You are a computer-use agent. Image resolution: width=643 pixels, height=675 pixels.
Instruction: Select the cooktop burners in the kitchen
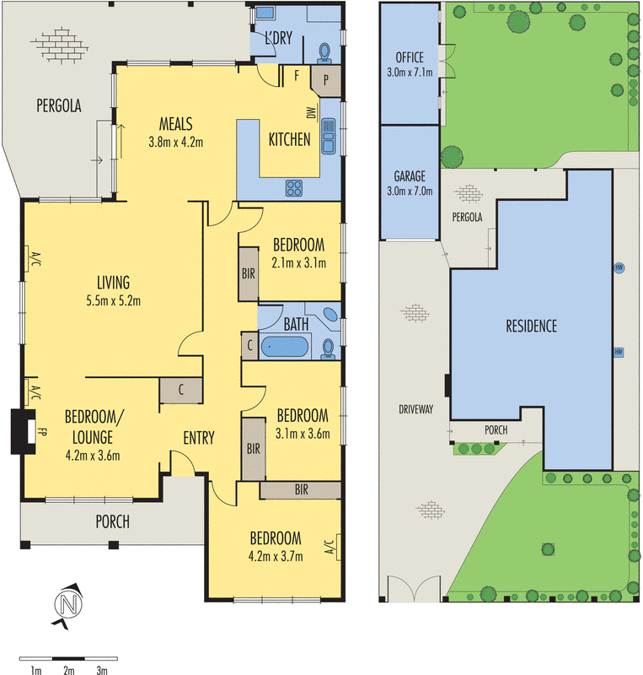(x=295, y=187)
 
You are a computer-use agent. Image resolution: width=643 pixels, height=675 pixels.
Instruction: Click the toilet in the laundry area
(x=324, y=54)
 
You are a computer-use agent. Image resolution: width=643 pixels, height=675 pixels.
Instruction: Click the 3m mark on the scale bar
(x=101, y=671)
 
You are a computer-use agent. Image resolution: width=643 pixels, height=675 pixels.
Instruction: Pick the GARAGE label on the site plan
(x=409, y=177)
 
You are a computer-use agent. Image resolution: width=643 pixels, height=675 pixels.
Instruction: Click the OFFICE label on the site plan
(x=409, y=58)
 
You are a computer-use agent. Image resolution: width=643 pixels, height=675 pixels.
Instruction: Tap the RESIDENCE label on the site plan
(x=531, y=326)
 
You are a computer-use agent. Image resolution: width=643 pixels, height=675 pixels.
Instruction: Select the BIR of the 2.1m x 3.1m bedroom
(x=248, y=273)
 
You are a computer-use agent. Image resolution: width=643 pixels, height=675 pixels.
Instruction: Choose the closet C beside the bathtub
(x=250, y=345)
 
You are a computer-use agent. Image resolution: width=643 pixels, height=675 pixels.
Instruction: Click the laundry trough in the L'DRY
(x=265, y=14)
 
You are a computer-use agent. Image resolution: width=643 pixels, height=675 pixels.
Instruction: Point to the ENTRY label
(x=198, y=438)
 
